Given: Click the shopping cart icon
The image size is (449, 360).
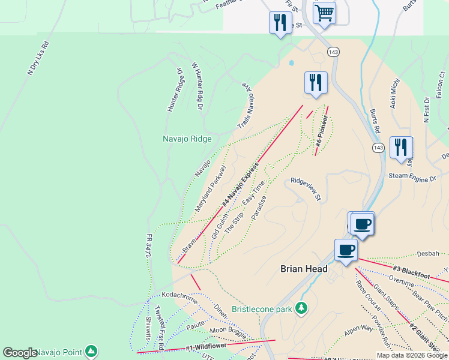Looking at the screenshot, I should pos(324,12).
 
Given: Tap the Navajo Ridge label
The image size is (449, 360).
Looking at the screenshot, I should pos(187,139).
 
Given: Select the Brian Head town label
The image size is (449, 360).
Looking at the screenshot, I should pos(304,269).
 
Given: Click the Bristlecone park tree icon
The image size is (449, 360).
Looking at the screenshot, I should pos(301,308).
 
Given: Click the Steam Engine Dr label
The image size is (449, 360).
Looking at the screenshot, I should pos(411,179).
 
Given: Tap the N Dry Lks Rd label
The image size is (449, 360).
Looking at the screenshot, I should pos(38,58).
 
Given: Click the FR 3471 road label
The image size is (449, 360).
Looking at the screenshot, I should pos(148,246).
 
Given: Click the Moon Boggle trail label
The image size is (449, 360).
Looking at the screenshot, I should pos(229,331).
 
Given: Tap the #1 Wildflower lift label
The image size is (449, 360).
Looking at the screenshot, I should pos(206,346).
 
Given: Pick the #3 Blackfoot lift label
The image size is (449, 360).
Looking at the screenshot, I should pos(413,272).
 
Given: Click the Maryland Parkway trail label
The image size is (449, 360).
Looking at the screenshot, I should pos(209,189).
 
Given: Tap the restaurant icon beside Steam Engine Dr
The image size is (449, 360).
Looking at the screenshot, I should pos(401,147).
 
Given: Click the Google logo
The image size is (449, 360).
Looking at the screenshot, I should pos(20,353).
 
